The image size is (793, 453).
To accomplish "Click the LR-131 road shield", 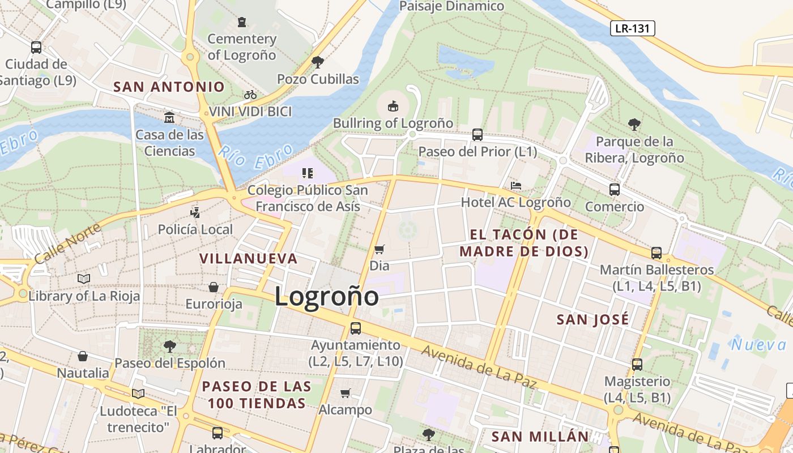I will click(632, 28).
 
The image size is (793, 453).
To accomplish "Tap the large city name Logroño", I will click(327, 297).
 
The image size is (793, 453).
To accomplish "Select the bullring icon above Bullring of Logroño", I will click(393, 106).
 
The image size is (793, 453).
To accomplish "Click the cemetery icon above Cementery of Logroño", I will click(242, 23).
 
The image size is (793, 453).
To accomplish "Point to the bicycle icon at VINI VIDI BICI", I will click(250, 95).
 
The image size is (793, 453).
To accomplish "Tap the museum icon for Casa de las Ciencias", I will click(169, 118).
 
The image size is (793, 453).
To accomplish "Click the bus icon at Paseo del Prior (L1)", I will click(477, 135).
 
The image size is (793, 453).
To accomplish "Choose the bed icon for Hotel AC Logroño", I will click(515, 185).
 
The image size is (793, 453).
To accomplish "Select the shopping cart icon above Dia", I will click(380, 249).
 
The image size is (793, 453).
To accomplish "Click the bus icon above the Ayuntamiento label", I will click(356, 328).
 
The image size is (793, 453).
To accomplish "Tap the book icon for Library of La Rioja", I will click(84, 279).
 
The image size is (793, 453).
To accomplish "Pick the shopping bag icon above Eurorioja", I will click(214, 287).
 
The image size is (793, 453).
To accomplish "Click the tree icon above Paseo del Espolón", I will click(169, 346).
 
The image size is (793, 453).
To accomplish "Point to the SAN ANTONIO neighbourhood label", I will click(169, 87).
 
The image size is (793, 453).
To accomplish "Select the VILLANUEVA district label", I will click(248, 258).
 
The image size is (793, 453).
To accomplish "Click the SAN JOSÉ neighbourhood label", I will click(592, 319).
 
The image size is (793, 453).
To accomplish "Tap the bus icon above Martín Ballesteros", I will click(656, 253).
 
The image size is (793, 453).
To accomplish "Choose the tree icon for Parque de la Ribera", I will click(634, 124).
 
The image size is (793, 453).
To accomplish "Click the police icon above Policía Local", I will click(195, 213).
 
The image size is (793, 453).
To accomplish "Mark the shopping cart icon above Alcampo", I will click(346, 393).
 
